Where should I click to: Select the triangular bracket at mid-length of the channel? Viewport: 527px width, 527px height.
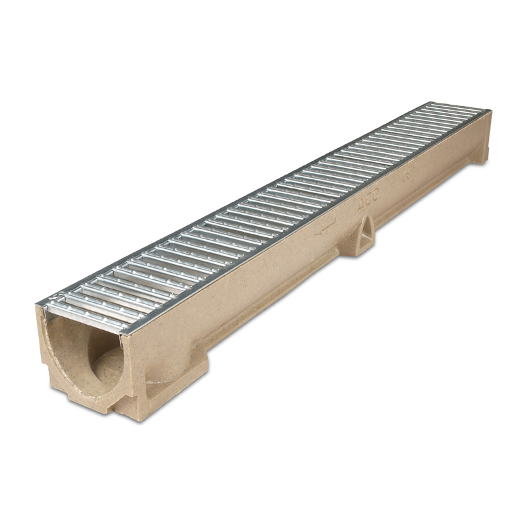pyautogui.click(x=364, y=236)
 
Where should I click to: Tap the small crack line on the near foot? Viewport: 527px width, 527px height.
pyautogui.click(x=155, y=381)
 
